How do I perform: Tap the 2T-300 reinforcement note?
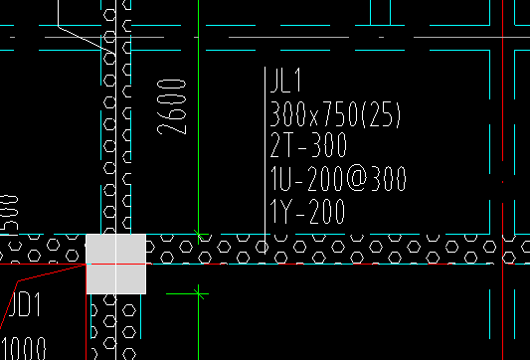tap(307, 146)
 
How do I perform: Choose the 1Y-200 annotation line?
tap(306, 211)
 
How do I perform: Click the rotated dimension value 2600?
tap(172, 106)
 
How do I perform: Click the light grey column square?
tap(116, 264)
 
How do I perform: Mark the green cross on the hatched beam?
tap(199, 235)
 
